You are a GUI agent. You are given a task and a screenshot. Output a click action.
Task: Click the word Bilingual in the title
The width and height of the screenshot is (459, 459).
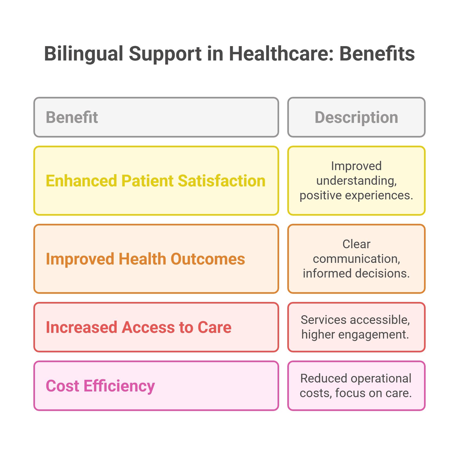(x=84, y=54)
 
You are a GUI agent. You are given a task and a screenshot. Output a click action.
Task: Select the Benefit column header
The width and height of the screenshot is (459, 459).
(x=72, y=117)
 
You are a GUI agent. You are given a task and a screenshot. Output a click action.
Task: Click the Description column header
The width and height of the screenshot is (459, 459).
(x=356, y=117)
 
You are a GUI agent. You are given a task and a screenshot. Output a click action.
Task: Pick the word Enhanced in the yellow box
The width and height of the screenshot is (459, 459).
(x=81, y=181)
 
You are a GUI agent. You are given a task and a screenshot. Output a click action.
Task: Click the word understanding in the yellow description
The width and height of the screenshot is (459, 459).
(x=356, y=181)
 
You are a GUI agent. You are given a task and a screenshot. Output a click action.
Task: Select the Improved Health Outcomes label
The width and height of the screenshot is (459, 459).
(x=145, y=259)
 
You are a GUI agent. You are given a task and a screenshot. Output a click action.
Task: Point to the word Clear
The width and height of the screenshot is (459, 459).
(x=356, y=244)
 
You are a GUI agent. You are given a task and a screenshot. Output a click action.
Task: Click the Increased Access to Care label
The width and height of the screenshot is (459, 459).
(x=139, y=327)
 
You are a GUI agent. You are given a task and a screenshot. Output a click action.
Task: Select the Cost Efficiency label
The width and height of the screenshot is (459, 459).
(x=100, y=386)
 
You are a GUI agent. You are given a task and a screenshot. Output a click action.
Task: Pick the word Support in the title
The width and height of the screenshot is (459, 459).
(x=165, y=54)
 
